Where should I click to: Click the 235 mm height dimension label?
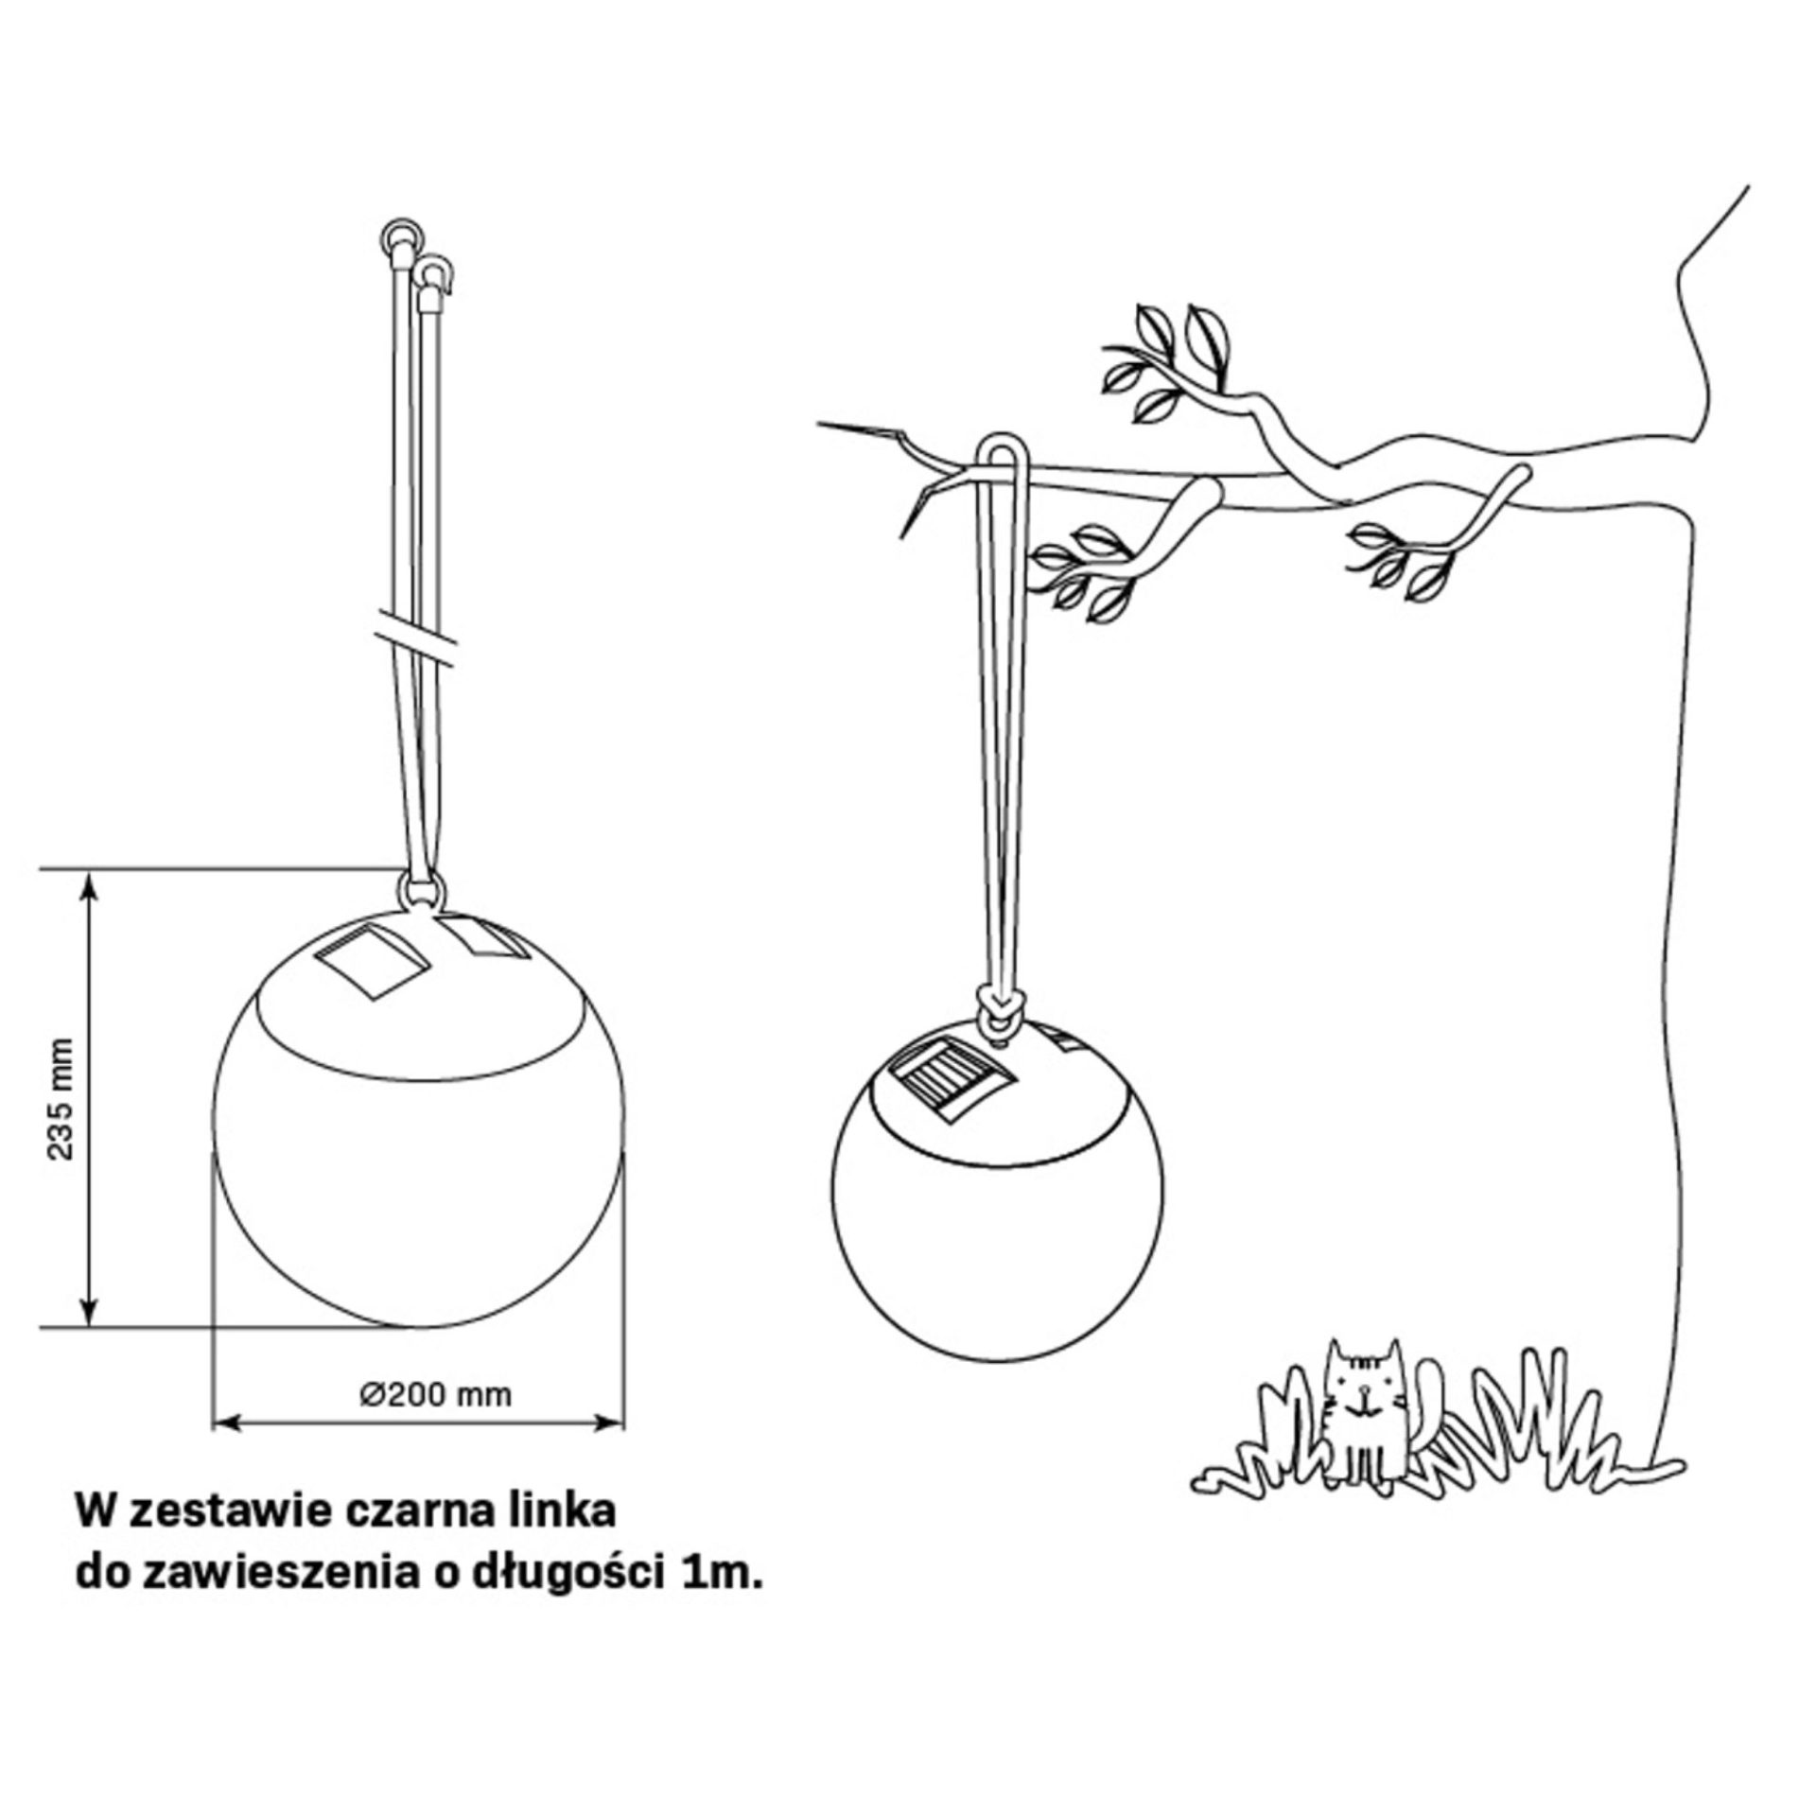click(62, 1100)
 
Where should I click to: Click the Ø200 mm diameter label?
click(436, 1393)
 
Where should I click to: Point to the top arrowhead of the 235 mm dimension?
click(88, 884)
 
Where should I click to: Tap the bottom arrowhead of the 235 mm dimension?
click(88, 1312)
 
